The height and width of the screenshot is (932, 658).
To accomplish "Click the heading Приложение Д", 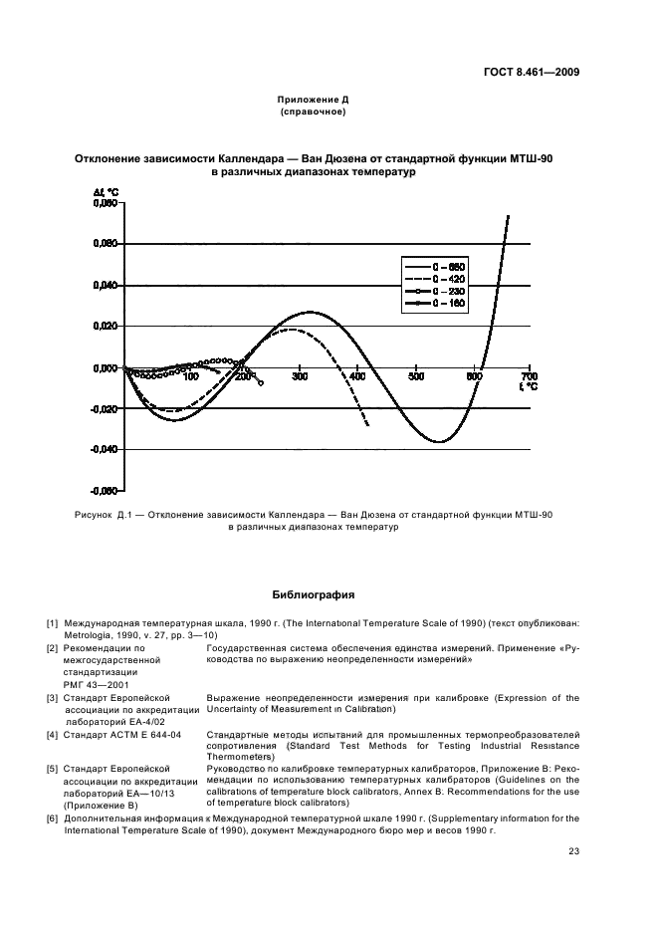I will pos(313,101).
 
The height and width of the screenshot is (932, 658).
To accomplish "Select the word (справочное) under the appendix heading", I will pos(313,113).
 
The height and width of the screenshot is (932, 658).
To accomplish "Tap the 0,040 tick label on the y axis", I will pos(106,285).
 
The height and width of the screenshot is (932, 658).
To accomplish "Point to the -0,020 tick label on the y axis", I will pos(105,409).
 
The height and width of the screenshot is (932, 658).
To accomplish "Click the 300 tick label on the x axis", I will pos(300,376).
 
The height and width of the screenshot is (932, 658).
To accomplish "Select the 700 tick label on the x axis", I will pos(529,376).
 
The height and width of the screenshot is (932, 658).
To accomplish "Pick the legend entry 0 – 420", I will pos(449,279).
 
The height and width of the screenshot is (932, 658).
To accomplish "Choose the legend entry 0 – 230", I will pos(449,291).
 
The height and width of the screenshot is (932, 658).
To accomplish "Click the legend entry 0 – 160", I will pos(449,303).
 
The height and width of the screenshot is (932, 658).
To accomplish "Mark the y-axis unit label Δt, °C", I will pos(107,191).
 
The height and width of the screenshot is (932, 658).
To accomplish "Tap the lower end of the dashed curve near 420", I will pos(368,426).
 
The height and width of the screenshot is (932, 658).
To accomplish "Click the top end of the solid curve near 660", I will pos(508,216).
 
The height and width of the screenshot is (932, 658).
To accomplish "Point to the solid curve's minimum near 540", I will pos(438,441).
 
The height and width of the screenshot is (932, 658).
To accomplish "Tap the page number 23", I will pos(573,850).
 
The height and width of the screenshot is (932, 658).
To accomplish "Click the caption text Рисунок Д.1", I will pos(104,515).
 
